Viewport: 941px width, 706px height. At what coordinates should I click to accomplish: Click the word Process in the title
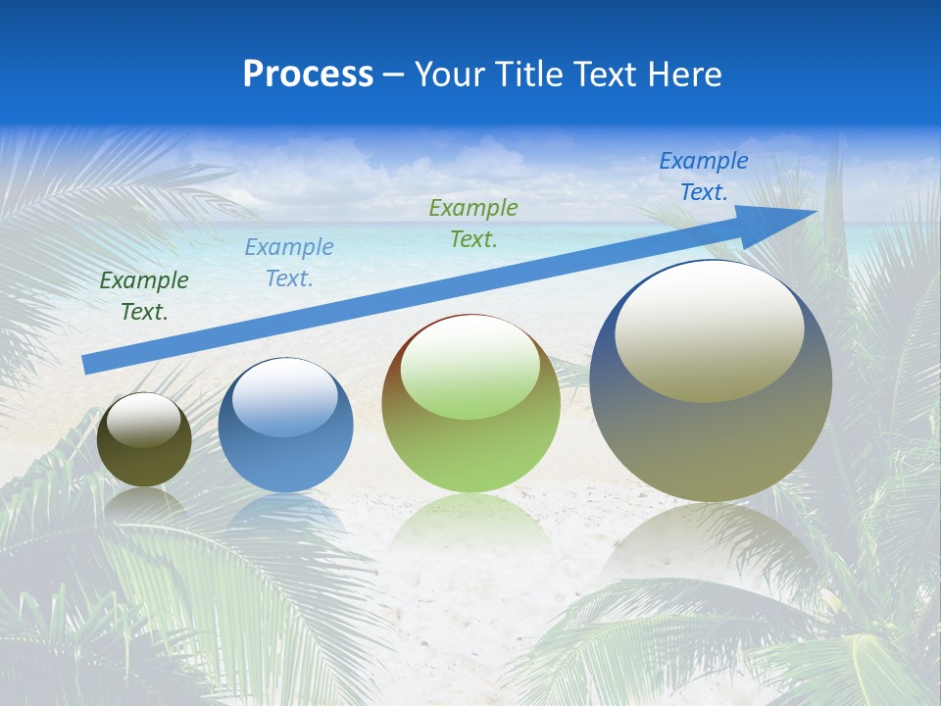pos(308,75)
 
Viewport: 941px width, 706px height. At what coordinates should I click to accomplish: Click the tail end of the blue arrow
pos(88,365)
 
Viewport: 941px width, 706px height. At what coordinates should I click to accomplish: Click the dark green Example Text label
pos(144,296)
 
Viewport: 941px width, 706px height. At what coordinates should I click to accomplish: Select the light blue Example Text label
pos(289,263)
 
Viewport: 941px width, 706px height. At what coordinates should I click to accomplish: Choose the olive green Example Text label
pos(473,224)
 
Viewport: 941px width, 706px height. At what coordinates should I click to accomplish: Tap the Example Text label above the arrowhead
pos(704,176)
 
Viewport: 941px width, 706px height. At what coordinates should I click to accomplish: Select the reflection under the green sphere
pos(470,525)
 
